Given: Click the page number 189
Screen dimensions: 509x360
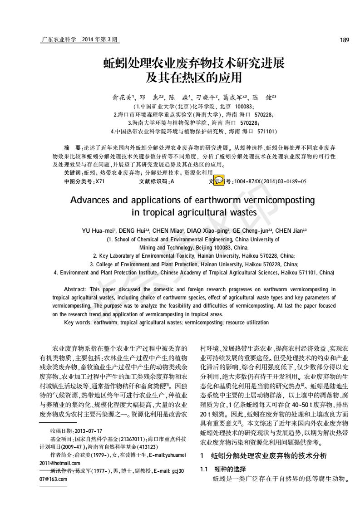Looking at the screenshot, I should click(344, 40).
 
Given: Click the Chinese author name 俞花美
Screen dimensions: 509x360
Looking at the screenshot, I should click(122, 98).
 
